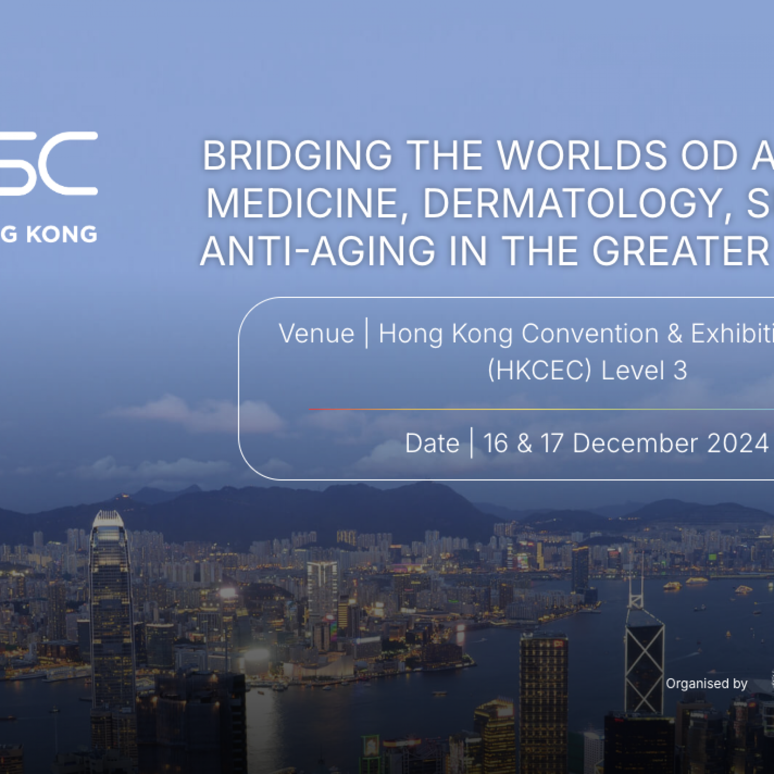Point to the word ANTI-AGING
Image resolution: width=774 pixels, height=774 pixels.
tap(318, 251)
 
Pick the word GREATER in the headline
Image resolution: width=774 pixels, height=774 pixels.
tap(680, 251)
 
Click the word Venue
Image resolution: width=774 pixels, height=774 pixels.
tap(316, 334)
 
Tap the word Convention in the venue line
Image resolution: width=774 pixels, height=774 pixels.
tap(590, 334)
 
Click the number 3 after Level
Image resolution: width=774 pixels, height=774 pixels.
tap(680, 371)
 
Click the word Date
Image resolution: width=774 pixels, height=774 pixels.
tap(432, 443)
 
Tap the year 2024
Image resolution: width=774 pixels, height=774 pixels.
tap(737, 443)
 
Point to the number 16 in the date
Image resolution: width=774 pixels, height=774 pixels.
tap(495, 443)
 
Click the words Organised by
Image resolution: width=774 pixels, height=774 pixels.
tap(706, 684)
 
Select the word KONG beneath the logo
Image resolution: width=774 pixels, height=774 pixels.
tap(61, 235)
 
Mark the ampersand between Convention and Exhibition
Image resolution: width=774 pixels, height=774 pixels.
tap(675, 334)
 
